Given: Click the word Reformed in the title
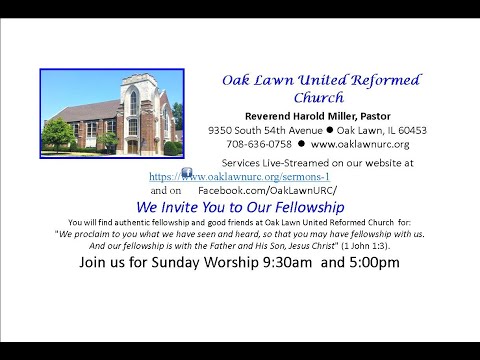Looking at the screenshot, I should pos(386,80).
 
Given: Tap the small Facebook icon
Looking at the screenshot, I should pos(186,173).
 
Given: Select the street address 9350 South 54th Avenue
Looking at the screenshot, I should pos(263,130).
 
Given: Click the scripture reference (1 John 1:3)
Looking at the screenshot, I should pos(366,243).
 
